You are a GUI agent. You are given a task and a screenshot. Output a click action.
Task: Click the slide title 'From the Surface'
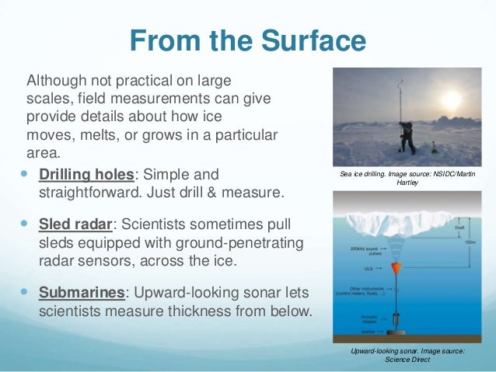pyautogui.click(x=248, y=40)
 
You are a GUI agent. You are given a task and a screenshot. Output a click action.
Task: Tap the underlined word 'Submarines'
pyautogui.click(x=78, y=294)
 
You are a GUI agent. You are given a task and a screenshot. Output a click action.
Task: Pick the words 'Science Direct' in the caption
pyautogui.click(x=407, y=360)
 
